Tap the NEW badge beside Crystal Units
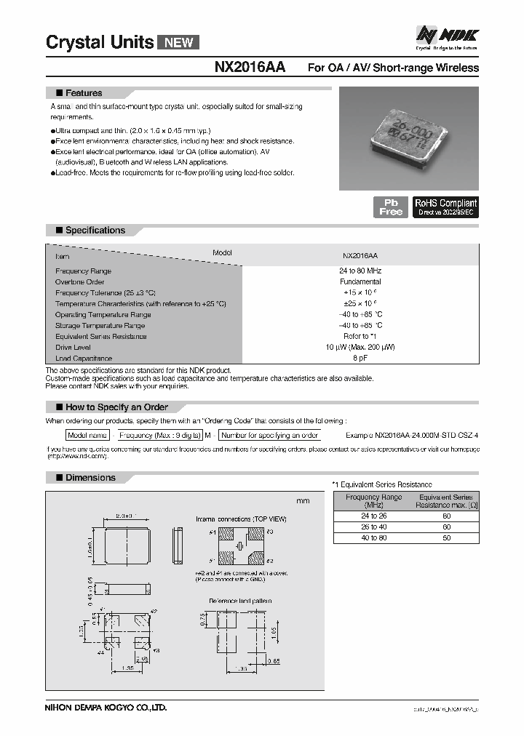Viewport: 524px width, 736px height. [178, 42]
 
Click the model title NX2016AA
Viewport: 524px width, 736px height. [250, 68]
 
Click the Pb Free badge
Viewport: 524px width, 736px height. [391, 207]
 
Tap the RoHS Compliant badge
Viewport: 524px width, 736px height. [445, 207]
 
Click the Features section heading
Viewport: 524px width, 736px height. [84, 93]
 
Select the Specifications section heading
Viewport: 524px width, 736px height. [95, 231]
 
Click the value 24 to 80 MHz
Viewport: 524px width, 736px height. [360, 271]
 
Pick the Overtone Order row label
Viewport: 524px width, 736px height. [80, 281]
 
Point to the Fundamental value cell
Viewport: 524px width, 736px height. [360, 281]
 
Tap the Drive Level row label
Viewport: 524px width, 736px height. [74, 348]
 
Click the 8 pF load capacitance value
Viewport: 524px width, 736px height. [360, 359]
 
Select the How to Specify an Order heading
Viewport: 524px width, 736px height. [116, 407]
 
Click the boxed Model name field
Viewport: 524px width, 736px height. [87, 435]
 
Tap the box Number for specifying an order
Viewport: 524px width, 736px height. [270, 435]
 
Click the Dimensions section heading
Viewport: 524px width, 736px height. [90, 478]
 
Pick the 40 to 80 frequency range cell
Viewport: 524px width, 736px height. [373, 537]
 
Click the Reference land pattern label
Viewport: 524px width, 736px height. [239, 601]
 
